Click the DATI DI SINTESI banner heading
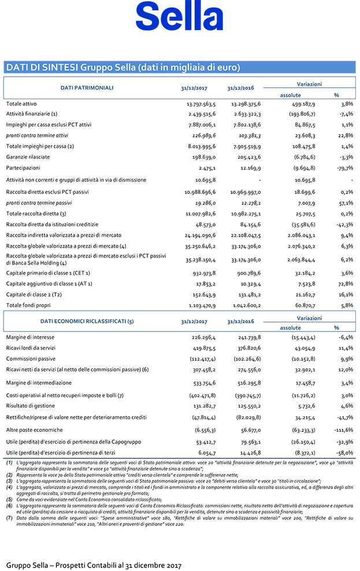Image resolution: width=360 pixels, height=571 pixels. (123, 67)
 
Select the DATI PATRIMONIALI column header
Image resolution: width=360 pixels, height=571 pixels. (87, 88)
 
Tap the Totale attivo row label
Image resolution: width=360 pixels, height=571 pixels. (22, 104)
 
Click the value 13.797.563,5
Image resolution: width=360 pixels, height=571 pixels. (201, 104)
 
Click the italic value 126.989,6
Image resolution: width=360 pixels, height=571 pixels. (202, 136)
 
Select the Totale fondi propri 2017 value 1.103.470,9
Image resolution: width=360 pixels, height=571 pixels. (201, 304)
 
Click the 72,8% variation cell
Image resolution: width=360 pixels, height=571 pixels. (346, 283)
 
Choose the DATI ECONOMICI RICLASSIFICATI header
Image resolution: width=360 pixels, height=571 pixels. (87, 321)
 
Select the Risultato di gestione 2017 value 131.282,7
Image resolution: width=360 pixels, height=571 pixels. (202, 406)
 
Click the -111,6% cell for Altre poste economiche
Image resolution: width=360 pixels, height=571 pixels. (343, 430)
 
